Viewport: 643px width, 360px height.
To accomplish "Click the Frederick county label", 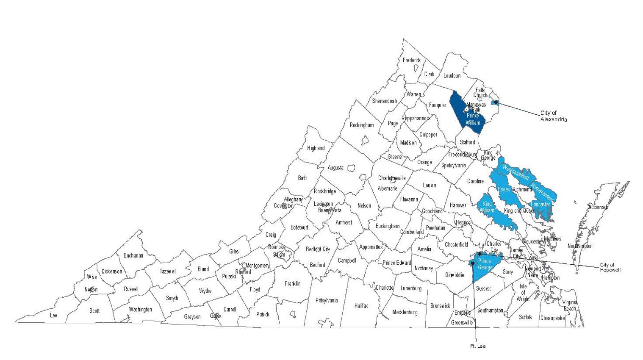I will [x=412, y=61].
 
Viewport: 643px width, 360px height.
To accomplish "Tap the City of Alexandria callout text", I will [x=553, y=116].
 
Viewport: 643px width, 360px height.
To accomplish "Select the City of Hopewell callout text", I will [x=610, y=267].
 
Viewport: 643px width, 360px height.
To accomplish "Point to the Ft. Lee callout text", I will [x=478, y=346].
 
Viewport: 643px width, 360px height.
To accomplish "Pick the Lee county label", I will [x=53, y=315].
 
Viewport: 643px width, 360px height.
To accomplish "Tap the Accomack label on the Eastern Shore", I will [x=598, y=207].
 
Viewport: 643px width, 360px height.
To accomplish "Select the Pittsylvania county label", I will [x=327, y=300].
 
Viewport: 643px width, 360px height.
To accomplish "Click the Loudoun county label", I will [x=452, y=76].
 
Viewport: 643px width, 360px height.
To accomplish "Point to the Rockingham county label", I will [x=362, y=125].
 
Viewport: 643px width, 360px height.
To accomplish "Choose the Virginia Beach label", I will [x=570, y=305].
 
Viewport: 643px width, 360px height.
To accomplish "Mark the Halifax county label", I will [x=361, y=306].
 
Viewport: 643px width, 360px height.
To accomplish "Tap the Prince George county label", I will [x=485, y=264].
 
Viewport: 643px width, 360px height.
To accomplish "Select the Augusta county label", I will [x=335, y=168].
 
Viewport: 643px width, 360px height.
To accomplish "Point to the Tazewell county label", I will [x=168, y=271].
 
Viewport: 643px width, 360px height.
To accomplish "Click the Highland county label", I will [x=316, y=148].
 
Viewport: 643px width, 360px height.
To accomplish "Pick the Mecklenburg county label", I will [x=405, y=313].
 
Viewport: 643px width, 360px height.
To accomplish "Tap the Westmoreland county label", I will [x=516, y=172].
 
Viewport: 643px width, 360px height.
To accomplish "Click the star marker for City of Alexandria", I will [x=495, y=102].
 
